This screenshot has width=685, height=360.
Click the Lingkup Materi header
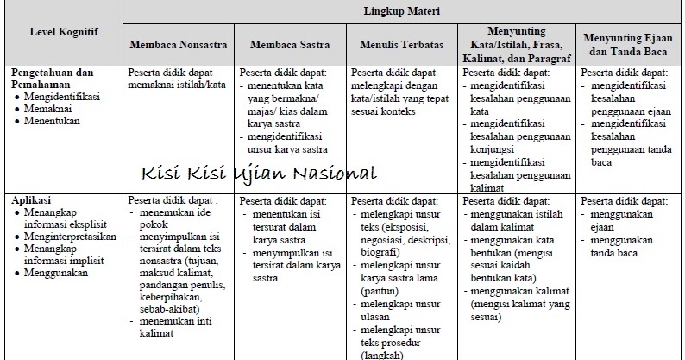401,12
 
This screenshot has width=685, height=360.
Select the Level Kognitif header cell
63,32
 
